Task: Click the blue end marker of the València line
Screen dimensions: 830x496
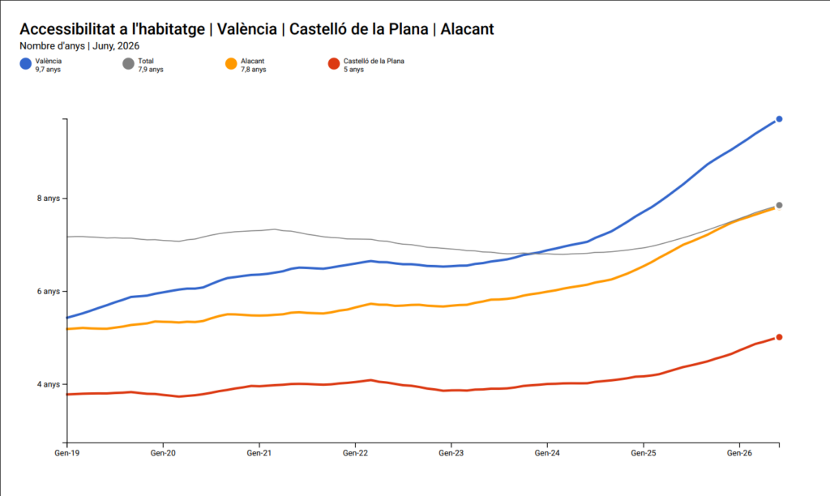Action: (x=779, y=119)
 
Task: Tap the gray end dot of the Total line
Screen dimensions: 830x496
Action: (x=779, y=205)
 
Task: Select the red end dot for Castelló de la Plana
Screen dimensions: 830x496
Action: (x=779, y=337)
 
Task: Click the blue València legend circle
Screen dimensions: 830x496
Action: (x=25, y=64)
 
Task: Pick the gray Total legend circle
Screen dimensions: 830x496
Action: (x=128, y=64)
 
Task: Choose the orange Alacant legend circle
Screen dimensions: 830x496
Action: (x=231, y=64)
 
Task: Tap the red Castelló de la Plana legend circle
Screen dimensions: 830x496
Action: (x=333, y=64)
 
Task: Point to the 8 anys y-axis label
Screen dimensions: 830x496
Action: (x=48, y=199)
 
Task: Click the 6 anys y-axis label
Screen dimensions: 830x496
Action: (x=48, y=292)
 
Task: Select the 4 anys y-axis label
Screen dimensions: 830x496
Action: (x=48, y=384)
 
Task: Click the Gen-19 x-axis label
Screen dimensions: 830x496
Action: (x=67, y=453)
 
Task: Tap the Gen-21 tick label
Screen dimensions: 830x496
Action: (x=259, y=453)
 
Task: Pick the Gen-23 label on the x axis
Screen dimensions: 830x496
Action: (x=451, y=453)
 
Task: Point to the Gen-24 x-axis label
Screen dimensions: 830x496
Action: (x=547, y=453)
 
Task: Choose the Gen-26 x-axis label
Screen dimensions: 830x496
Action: (x=739, y=453)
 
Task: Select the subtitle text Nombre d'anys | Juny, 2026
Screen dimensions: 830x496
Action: (x=79, y=46)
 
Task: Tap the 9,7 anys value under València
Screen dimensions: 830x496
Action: (x=48, y=70)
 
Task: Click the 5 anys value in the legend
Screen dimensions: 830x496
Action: (x=353, y=70)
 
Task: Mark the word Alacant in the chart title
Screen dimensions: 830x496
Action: (x=468, y=29)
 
